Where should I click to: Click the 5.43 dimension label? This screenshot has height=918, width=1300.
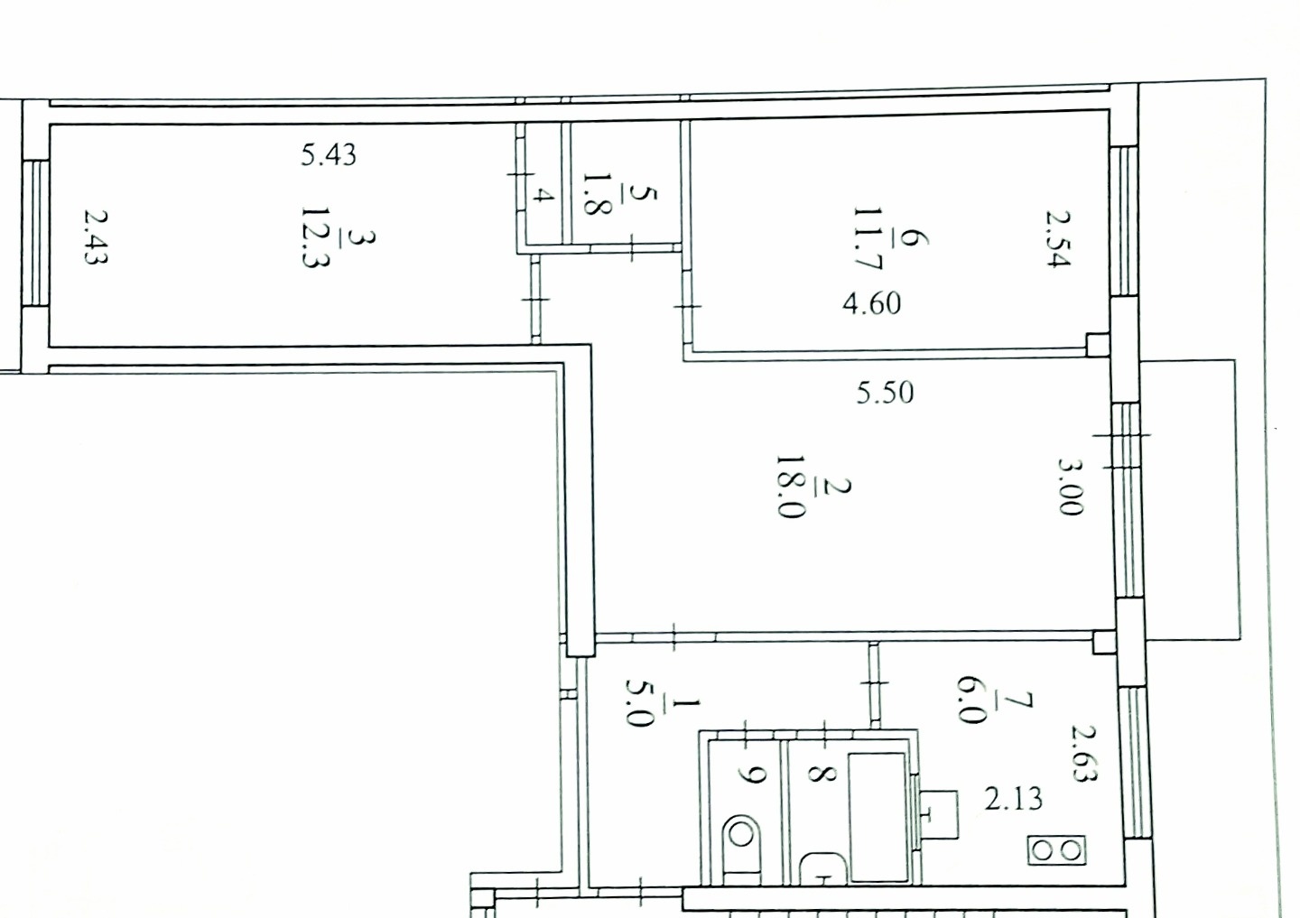point(329,155)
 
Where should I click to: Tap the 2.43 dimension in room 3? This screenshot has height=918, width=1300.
point(96,236)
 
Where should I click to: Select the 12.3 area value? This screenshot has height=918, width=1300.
point(315,237)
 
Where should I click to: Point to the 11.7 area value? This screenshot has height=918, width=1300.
point(868,239)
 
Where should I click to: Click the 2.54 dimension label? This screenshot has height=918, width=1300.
point(1057,238)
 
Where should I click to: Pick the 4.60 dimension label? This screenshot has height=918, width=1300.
point(872,303)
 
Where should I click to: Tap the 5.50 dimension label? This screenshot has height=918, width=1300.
point(885,393)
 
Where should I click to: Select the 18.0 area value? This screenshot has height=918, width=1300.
point(791,487)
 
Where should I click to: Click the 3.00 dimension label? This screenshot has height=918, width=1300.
point(1070,487)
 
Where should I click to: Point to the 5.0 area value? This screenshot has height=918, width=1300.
point(639,702)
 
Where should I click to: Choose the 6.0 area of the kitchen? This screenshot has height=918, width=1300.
point(971,700)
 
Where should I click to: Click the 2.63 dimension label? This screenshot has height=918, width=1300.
point(1084,753)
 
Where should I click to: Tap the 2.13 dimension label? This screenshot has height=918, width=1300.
point(1013,799)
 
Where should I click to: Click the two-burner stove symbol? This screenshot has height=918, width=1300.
point(1057,850)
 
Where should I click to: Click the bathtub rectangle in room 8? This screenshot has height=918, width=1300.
point(877,818)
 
